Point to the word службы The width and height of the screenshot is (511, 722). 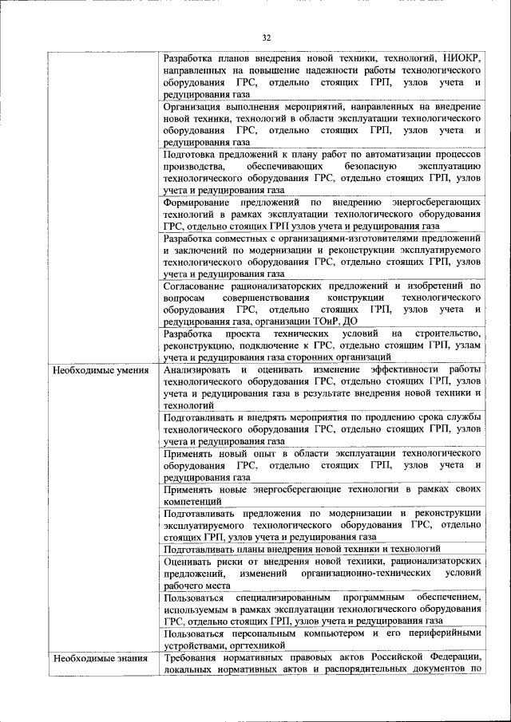click(x=463, y=418)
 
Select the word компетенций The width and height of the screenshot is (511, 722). click(x=192, y=501)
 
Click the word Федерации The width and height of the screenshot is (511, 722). click(x=451, y=657)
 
